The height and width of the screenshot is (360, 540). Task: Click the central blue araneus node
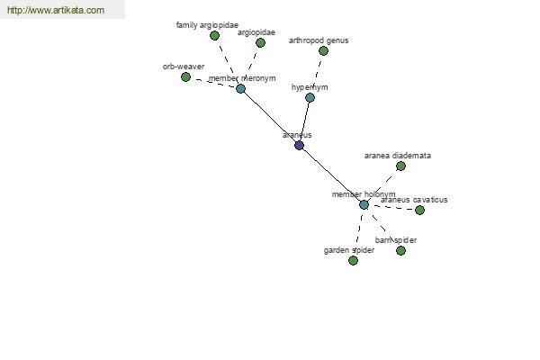click(299, 145)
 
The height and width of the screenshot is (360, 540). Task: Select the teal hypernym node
click(310, 97)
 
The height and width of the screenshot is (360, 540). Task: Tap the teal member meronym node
click(240, 88)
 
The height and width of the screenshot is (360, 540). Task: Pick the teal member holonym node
click(364, 204)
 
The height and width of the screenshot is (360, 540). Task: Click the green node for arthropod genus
click(323, 50)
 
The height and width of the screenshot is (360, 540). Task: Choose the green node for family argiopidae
click(214, 35)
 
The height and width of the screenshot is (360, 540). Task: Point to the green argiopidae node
click(260, 42)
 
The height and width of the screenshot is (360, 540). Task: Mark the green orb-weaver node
click(185, 76)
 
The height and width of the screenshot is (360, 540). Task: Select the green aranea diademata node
click(400, 166)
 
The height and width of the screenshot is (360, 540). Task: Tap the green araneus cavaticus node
click(419, 210)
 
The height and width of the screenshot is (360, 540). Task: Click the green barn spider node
click(400, 250)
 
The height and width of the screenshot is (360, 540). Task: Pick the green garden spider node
click(353, 260)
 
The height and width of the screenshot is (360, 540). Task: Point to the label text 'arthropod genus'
click(319, 40)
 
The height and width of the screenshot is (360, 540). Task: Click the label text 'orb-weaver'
click(184, 67)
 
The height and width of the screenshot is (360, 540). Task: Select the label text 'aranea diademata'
click(397, 156)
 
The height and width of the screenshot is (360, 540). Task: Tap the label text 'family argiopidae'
click(207, 25)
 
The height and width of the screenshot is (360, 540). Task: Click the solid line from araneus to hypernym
click(304, 121)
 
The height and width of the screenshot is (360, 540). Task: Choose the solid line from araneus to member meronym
click(270, 117)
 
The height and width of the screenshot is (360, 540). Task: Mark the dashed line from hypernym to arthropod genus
click(317, 74)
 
